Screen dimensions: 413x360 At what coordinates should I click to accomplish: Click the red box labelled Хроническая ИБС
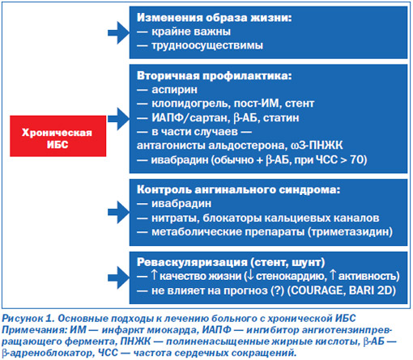(x=58, y=136)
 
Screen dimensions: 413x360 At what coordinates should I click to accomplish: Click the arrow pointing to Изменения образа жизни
(x=119, y=32)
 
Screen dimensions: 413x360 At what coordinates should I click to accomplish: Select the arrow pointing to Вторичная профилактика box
(x=119, y=119)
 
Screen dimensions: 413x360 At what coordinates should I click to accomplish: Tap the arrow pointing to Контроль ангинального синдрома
(x=119, y=212)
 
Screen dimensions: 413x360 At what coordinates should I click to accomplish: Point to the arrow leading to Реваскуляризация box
(x=119, y=277)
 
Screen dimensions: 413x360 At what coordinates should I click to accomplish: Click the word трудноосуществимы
(x=207, y=45)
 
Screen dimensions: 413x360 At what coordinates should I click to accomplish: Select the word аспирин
(x=174, y=90)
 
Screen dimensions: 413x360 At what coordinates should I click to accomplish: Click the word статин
(x=281, y=118)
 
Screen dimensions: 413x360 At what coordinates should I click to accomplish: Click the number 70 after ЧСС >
(x=356, y=159)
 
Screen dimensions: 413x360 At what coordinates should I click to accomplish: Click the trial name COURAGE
(x=317, y=290)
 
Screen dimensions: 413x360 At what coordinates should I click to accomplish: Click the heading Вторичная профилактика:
(x=215, y=76)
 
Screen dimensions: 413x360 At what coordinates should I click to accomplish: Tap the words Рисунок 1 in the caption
(x=28, y=319)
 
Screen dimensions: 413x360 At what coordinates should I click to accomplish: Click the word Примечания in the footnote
(x=34, y=330)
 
